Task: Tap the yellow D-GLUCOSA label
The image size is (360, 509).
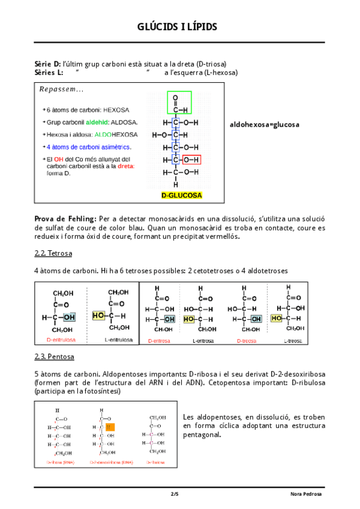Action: (x=182, y=196)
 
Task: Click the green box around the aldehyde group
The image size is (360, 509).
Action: (x=178, y=103)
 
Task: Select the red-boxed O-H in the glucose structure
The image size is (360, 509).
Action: (x=191, y=160)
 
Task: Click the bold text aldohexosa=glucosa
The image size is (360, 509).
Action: (x=265, y=125)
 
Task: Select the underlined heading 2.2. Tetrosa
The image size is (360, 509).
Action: (x=53, y=253)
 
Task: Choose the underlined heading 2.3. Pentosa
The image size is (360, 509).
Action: (x=54, y=357)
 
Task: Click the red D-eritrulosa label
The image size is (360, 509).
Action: (x=61, y=340)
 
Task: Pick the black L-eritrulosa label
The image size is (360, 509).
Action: (x=117, y=340)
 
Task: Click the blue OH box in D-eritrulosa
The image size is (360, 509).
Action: (x=69, y=317)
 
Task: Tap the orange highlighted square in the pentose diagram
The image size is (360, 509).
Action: (x=109, y=427)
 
